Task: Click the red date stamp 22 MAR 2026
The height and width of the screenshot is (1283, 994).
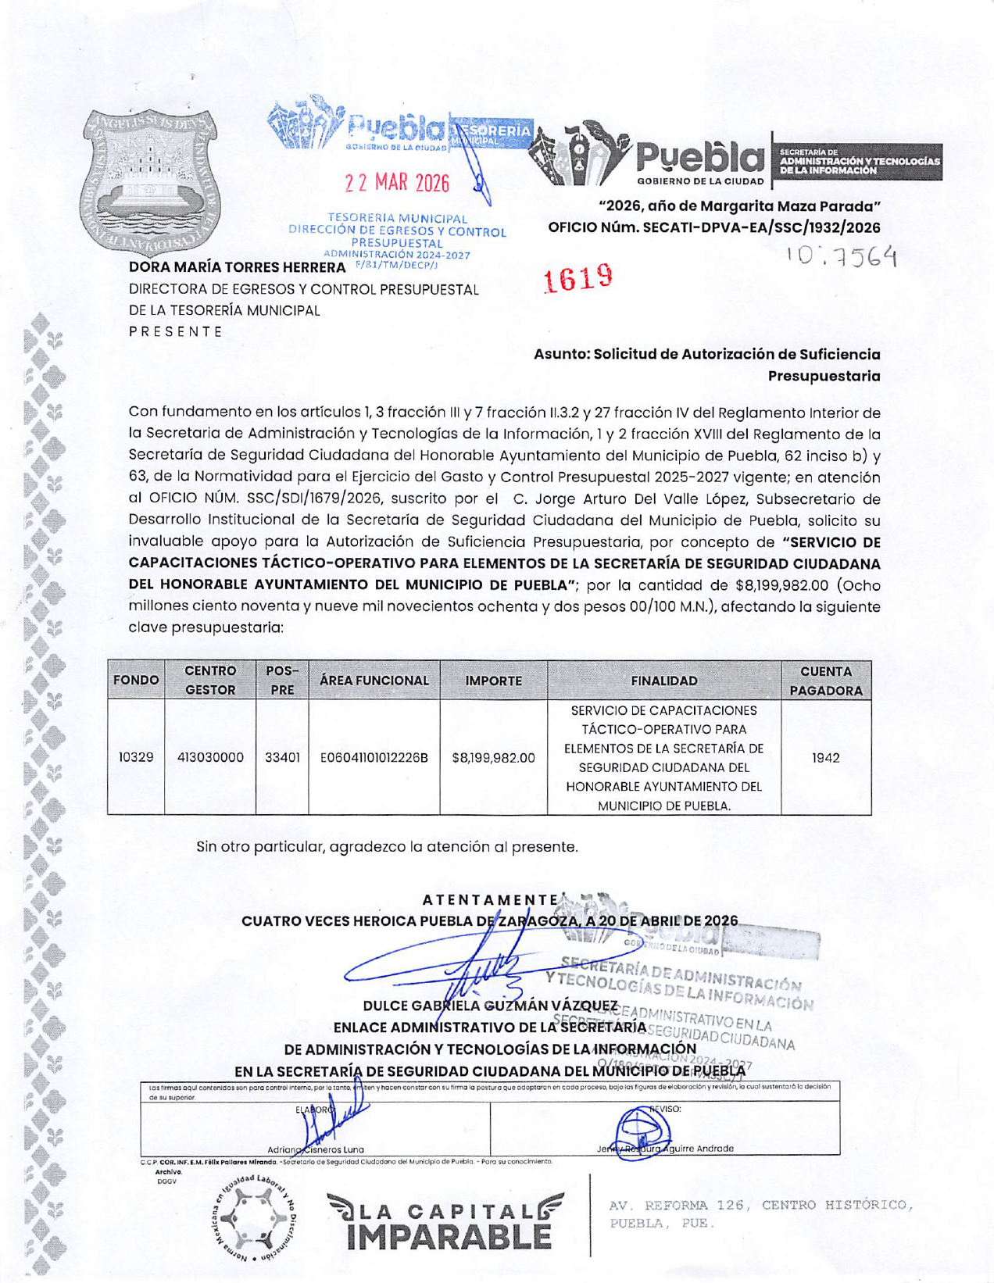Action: tap(397, 183)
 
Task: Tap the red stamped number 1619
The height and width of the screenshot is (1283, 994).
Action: tap(578, 278)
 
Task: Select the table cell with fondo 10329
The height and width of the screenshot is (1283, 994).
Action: tap(136, 757)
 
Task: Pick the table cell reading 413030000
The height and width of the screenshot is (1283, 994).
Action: tap(210, 757)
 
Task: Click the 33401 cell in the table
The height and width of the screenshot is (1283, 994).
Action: tap(282, 757)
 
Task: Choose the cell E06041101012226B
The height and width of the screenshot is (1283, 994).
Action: tap(374, 757)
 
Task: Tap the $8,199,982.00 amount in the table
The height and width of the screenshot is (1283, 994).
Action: tap(493, 757)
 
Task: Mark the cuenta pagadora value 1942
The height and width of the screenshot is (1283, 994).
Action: tap(825, 757)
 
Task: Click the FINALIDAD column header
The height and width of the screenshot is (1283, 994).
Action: tap(664, 681)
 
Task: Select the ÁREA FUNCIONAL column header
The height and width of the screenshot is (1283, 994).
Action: tap(374, 681)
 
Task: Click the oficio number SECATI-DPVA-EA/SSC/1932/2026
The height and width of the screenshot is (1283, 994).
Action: tap(714, 227)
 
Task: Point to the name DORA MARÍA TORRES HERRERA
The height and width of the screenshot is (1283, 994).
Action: tap(237, 268)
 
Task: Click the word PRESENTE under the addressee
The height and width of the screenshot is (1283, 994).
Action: tap(176, 331)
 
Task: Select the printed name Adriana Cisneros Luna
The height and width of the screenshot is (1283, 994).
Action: tap(316, 1149)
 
